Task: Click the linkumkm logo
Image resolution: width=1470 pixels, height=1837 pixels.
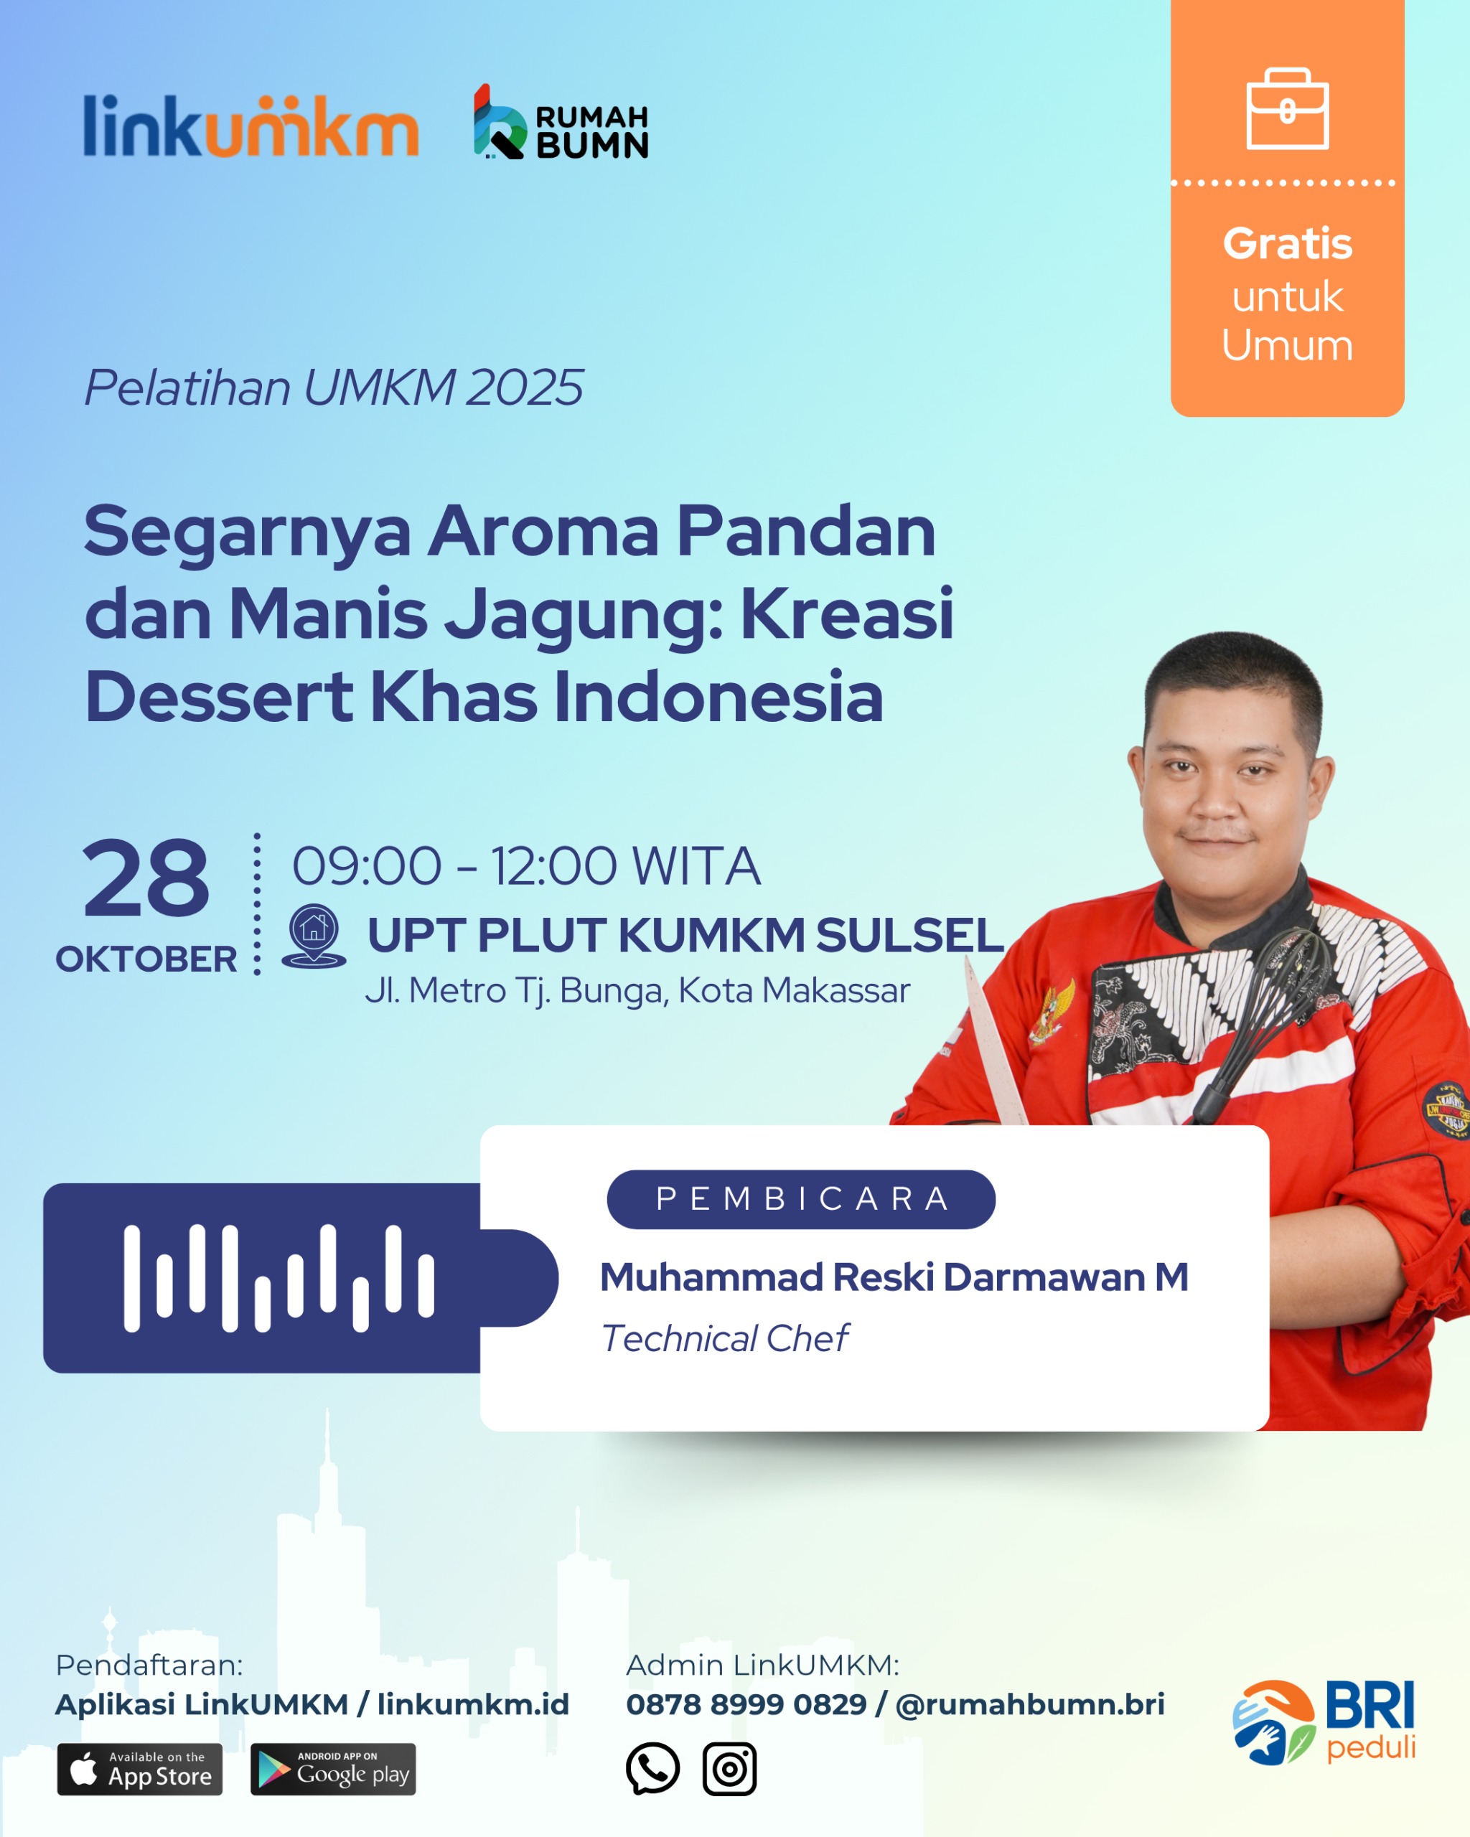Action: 251,126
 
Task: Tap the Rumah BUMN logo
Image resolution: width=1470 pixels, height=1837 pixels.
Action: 561,122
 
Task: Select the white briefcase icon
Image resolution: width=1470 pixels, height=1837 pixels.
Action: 1287,108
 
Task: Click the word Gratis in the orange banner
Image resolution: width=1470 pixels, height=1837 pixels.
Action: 1287,244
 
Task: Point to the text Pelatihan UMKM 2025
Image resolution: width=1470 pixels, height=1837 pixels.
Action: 333,387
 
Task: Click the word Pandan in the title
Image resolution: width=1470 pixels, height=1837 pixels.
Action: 806,531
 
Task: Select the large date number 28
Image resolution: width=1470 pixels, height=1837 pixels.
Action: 146,878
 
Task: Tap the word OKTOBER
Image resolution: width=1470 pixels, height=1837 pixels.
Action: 146,959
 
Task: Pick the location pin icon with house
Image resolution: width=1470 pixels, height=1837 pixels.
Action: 314,936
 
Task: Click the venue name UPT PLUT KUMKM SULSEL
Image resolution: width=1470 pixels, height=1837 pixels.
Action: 686,935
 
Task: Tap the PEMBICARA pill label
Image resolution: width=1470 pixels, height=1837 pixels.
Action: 801,1199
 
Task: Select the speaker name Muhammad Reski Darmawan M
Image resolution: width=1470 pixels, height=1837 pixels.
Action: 894,1277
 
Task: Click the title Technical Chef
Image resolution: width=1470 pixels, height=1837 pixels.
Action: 724,1338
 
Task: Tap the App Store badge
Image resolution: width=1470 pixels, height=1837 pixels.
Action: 140,1769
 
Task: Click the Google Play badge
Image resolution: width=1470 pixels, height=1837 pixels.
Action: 333,1769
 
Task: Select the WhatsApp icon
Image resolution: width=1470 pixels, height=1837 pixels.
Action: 652,1769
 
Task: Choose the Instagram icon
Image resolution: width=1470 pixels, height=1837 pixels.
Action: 729,1769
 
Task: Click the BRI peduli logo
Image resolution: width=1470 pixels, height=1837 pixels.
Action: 1324,1722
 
